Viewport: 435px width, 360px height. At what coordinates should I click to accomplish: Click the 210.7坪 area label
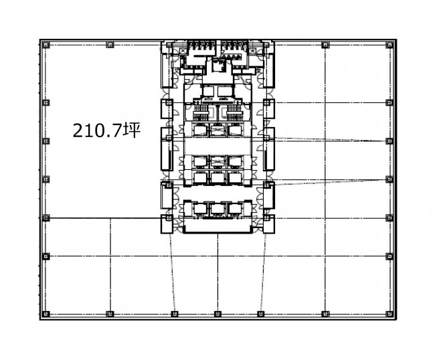[106, 130]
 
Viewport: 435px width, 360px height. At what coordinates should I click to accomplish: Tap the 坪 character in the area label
[132, 130]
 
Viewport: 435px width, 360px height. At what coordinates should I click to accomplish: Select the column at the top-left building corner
[46, 45]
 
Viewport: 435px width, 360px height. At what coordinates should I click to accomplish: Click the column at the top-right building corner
[389, 45]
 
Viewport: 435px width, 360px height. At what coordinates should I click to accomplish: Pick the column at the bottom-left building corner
[46, 314]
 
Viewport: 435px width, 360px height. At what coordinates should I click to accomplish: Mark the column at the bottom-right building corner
[389, 314]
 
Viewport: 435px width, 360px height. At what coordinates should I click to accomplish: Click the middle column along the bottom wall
[217, 314]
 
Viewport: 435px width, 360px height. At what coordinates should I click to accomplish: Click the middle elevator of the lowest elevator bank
[217, 209]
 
